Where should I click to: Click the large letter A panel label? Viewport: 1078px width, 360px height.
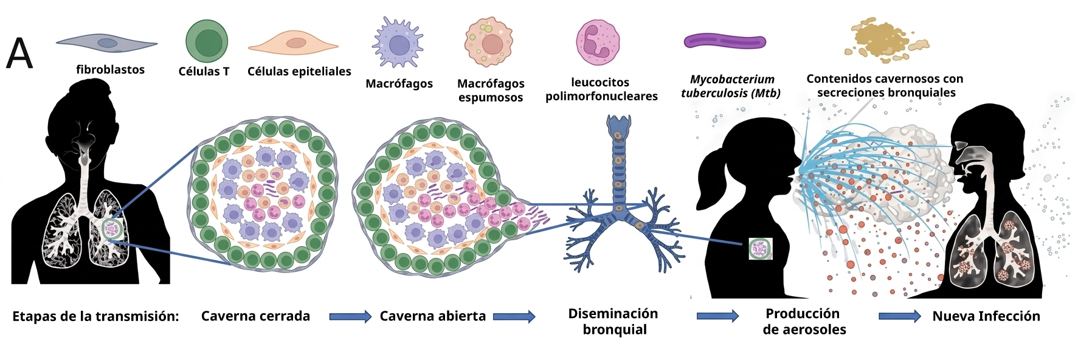(x=19, y=54)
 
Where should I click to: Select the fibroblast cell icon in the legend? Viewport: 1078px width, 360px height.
(x=107, y=43)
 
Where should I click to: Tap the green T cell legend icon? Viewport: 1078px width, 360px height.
(x=207, y=41)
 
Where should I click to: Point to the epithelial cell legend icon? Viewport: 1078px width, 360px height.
(x=293, y=43)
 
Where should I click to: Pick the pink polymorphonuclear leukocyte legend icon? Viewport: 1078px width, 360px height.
(x=598, y=42)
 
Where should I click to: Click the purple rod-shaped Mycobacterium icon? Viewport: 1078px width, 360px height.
(x=724, y=41)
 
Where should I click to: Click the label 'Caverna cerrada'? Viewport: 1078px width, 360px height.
(x=255, y=316)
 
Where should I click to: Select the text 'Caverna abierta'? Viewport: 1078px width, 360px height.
(x=432, y=316)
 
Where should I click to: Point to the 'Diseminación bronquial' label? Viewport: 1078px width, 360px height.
(x=613, y=322)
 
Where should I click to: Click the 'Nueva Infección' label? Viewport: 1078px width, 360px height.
(x=986, y=316)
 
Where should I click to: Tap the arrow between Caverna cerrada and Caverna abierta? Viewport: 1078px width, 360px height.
(x=350, y=316)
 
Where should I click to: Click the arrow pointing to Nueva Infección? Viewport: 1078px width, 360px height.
(x=900, y=316)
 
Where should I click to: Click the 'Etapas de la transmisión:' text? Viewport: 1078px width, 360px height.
(x=95, y=316)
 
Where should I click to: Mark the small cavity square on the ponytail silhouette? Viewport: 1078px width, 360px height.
(x=760, y=249)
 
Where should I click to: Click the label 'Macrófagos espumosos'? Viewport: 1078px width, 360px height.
(x=490, y=90)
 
